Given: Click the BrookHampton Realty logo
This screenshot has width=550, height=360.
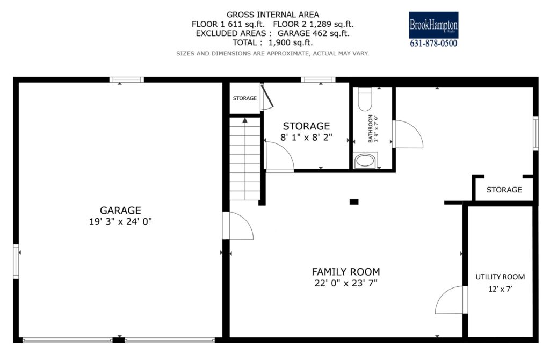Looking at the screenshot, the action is pos(433,25).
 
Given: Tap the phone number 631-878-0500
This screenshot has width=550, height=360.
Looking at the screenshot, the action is pos(433,43).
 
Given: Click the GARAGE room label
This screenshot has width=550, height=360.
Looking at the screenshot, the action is pos(120,210).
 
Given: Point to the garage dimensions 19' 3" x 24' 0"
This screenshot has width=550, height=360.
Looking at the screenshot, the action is pos(120,221).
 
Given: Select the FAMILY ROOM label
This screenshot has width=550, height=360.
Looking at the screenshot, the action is pos(346,271).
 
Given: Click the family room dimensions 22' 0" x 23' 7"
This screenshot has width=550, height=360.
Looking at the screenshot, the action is pos(346,283).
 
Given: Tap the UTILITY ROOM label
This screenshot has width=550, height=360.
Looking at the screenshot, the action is pos(500,277).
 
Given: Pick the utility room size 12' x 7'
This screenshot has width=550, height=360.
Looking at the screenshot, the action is pos(500,289).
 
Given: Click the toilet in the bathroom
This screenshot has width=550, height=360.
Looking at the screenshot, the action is pos(365,99).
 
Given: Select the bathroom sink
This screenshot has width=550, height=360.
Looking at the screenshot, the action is pos(365,161).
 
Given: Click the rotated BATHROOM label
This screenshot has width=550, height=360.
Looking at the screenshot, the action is pos(371,128).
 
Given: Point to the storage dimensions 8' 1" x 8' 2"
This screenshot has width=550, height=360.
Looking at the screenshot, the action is pos(306,137).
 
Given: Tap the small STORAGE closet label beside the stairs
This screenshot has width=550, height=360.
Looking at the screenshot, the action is pos(245,98).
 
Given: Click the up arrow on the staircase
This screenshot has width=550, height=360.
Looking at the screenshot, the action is pos(245,120).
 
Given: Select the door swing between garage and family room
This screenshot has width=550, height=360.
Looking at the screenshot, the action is pos(238,226).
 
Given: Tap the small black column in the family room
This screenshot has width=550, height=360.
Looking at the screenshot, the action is pos(354,201).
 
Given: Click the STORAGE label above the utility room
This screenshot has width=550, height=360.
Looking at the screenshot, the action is pos(504,190).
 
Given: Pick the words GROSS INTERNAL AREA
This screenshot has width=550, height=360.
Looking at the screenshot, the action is pos(272,15).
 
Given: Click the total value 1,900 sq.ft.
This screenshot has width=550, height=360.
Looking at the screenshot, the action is pos(291,42).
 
